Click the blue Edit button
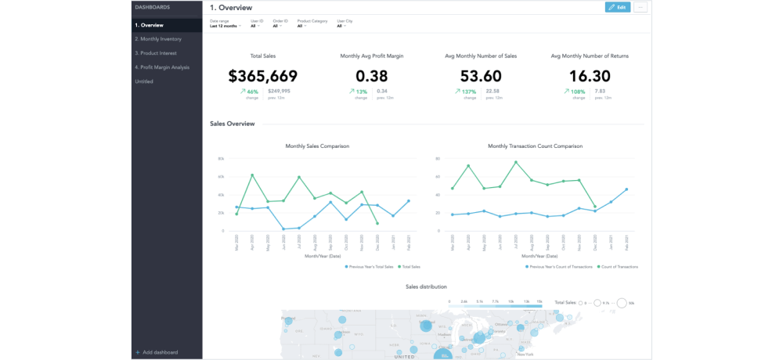[x=617, y=7]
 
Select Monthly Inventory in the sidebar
[x=158, y=39]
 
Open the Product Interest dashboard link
[x=156, y=53]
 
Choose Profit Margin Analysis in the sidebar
[x=162, y=67]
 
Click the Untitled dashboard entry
[x=144, y=81]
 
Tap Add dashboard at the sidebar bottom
[x=160, y=352]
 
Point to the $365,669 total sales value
[x=262, y=76]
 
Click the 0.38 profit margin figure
[x=371, y=76]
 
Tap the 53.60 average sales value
[x=481, y=76]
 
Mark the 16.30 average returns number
[x=590, y=76]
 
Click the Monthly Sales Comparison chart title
[x=317, y=146]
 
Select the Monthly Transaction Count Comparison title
[x=536, y=146]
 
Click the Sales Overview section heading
[x=232, y=124]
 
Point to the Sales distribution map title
[x=427, y=287]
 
